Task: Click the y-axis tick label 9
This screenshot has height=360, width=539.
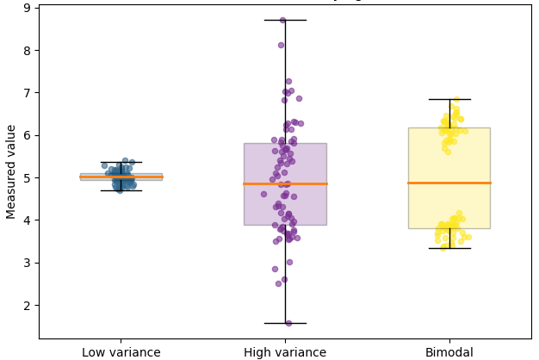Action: [27, 8]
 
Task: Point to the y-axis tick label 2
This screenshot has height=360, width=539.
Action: [27, 305]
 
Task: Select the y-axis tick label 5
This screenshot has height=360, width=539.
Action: [27, 177]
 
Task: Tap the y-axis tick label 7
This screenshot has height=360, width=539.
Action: [27, 93]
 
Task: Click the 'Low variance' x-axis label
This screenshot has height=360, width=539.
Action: [121, 352]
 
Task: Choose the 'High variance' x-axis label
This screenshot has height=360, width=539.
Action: [285, 352]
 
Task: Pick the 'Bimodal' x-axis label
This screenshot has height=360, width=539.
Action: [449, 352]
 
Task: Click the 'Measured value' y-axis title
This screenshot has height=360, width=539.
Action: [11, 171]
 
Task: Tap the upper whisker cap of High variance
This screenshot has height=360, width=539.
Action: [285, 20]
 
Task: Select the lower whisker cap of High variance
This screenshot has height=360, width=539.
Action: [285, 323]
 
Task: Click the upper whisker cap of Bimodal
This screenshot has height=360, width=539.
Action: [449, 99]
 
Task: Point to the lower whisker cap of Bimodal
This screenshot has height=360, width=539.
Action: [449, 248]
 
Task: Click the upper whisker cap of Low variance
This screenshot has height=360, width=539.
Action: [121, 161]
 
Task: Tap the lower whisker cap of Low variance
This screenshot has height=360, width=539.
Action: [121, 190]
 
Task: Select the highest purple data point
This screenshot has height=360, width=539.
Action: [282, 20]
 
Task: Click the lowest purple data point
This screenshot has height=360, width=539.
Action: [288, 323]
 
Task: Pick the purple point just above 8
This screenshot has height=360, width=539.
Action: [281, 45]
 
